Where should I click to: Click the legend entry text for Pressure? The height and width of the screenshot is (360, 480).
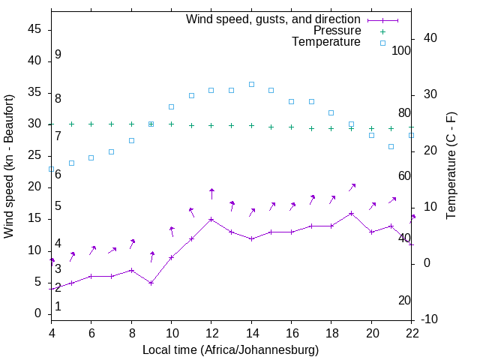tap(337, 31)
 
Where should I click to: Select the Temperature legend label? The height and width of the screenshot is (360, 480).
tap(326, 42)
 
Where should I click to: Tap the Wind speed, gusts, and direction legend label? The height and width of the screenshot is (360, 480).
tap(273, 19)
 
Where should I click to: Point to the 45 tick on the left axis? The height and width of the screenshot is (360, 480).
tap(34, 29)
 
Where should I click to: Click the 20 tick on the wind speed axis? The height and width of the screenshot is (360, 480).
tap(34, 187)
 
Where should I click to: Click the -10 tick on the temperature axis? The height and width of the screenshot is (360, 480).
tap(431, 319)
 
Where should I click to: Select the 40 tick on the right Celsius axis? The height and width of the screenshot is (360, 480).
tap(431, 38)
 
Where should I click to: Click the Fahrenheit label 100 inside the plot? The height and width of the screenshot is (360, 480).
tap(401, 50)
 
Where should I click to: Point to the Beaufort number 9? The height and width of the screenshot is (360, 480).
tap(58, 55)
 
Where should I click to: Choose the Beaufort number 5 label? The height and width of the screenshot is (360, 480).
tap(58, 206)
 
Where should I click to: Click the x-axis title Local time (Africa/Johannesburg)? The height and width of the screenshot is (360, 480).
tap(230, 349)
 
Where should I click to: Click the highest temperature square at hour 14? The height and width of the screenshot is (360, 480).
tap(251, 85)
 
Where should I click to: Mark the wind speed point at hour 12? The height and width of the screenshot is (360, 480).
tap(211, 220)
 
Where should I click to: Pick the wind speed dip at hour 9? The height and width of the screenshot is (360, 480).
tap(151, 283)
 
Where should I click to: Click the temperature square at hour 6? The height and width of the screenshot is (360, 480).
tap(91, 157)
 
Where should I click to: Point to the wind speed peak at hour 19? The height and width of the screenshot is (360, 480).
tap(351, 214)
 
